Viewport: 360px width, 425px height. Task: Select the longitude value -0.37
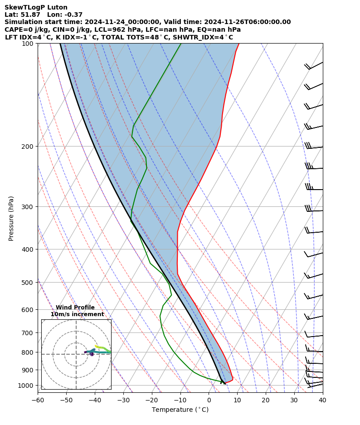[73, 15]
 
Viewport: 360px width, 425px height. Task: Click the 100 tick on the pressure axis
[28, 44]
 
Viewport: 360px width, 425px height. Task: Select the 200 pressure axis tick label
[28, 147]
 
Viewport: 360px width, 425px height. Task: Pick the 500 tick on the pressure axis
[28, 283]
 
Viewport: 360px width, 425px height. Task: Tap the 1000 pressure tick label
[26, 386]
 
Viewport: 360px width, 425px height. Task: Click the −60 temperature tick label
[38, 400]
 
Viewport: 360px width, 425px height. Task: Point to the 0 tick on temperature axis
[209, 400]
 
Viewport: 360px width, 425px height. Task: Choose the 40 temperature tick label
[322, 400]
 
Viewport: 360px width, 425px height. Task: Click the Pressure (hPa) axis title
[11, 218]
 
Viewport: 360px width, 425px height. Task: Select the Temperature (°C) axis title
[180, 410]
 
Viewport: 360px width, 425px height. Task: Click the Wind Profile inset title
[75, 308]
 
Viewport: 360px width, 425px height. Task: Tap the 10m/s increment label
[77, 314]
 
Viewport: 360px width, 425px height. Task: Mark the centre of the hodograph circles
[76, 354]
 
